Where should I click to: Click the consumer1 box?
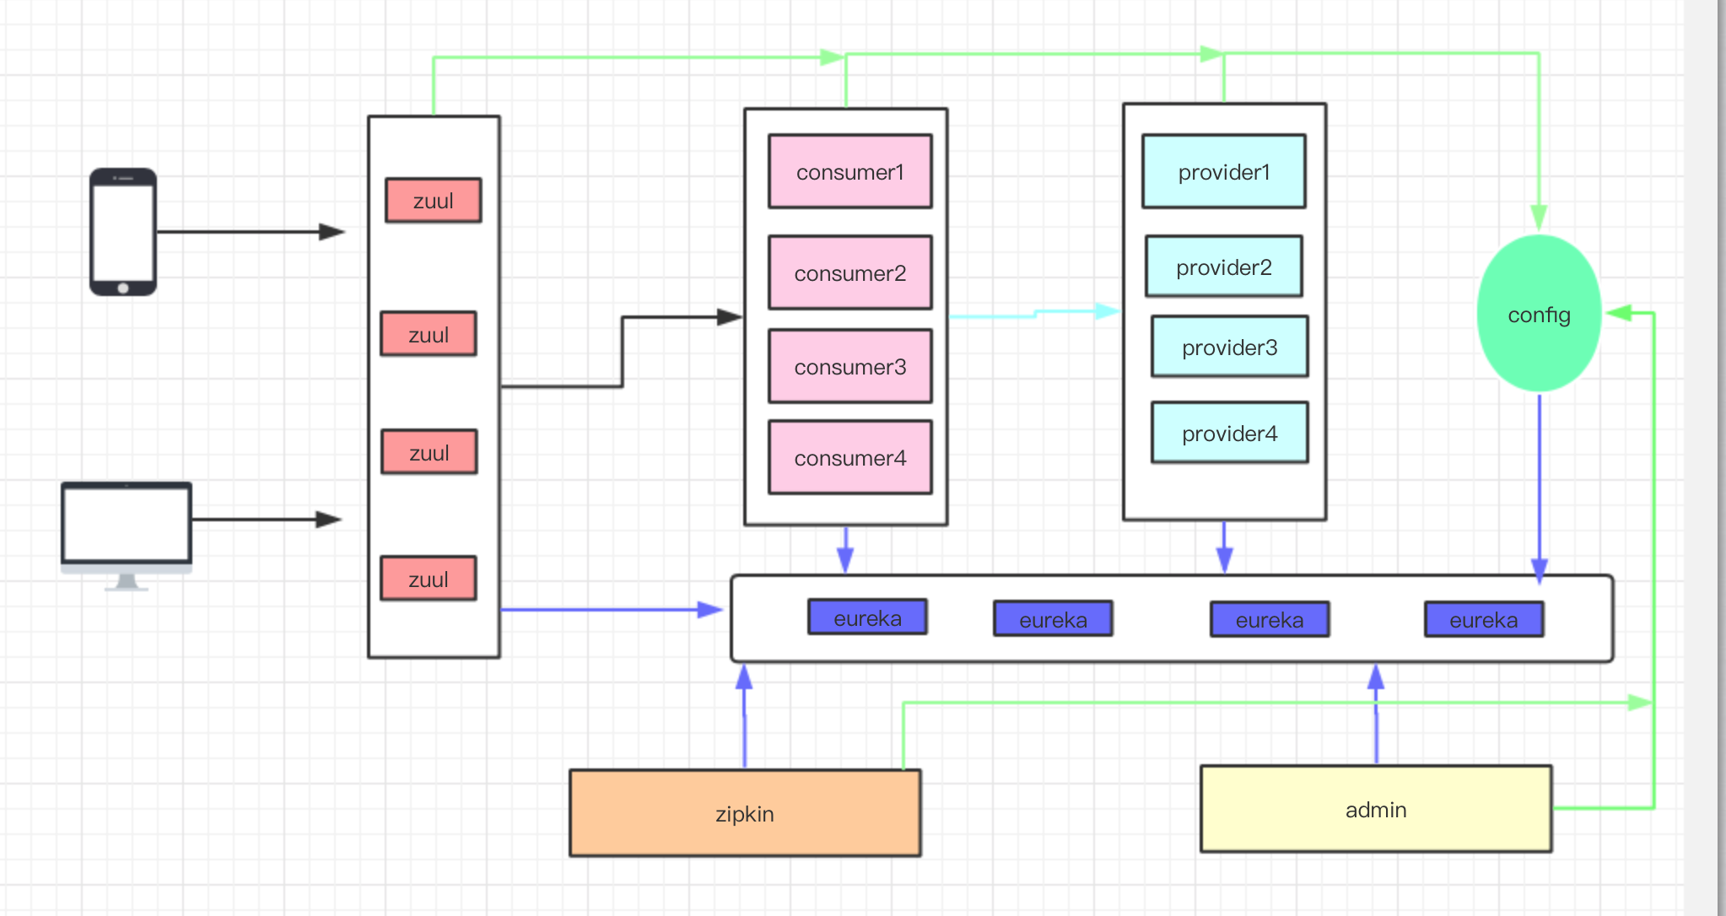pyautogui.click(x=850, y=171)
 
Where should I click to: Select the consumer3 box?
pyautogui.click(x=850, y=366)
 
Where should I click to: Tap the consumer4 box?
pyautogui.click(x=850, y=457)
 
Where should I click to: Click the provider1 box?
pyautogui.click(x=1223, y=171)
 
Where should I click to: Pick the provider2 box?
pyautogui.click(x=1223, y=267)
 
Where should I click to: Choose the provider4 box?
pyautogui.click(x=1229, y=433)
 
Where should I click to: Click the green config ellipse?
pyautogui.click(x=1539, y=314)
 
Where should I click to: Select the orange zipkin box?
pyautogui.click(x=744, y=813)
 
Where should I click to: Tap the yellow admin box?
pyautogui.click(x=1375, y=809)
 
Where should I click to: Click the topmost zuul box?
pyautogui.click(x=433, y=200)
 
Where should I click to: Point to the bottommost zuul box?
pyautogui.click(x=428, y=579)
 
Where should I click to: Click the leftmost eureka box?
pyautogui.click(x=867, y=617)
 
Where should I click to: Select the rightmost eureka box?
pyautogui.click(x=1483, y=619)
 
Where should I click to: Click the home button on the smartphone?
pyautogui.click(x=123, y=288)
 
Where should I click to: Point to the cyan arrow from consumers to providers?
pyautogui.click(x=1034, y=314)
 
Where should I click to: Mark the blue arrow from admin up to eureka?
pyautogui.click(x=1376, y=717)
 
